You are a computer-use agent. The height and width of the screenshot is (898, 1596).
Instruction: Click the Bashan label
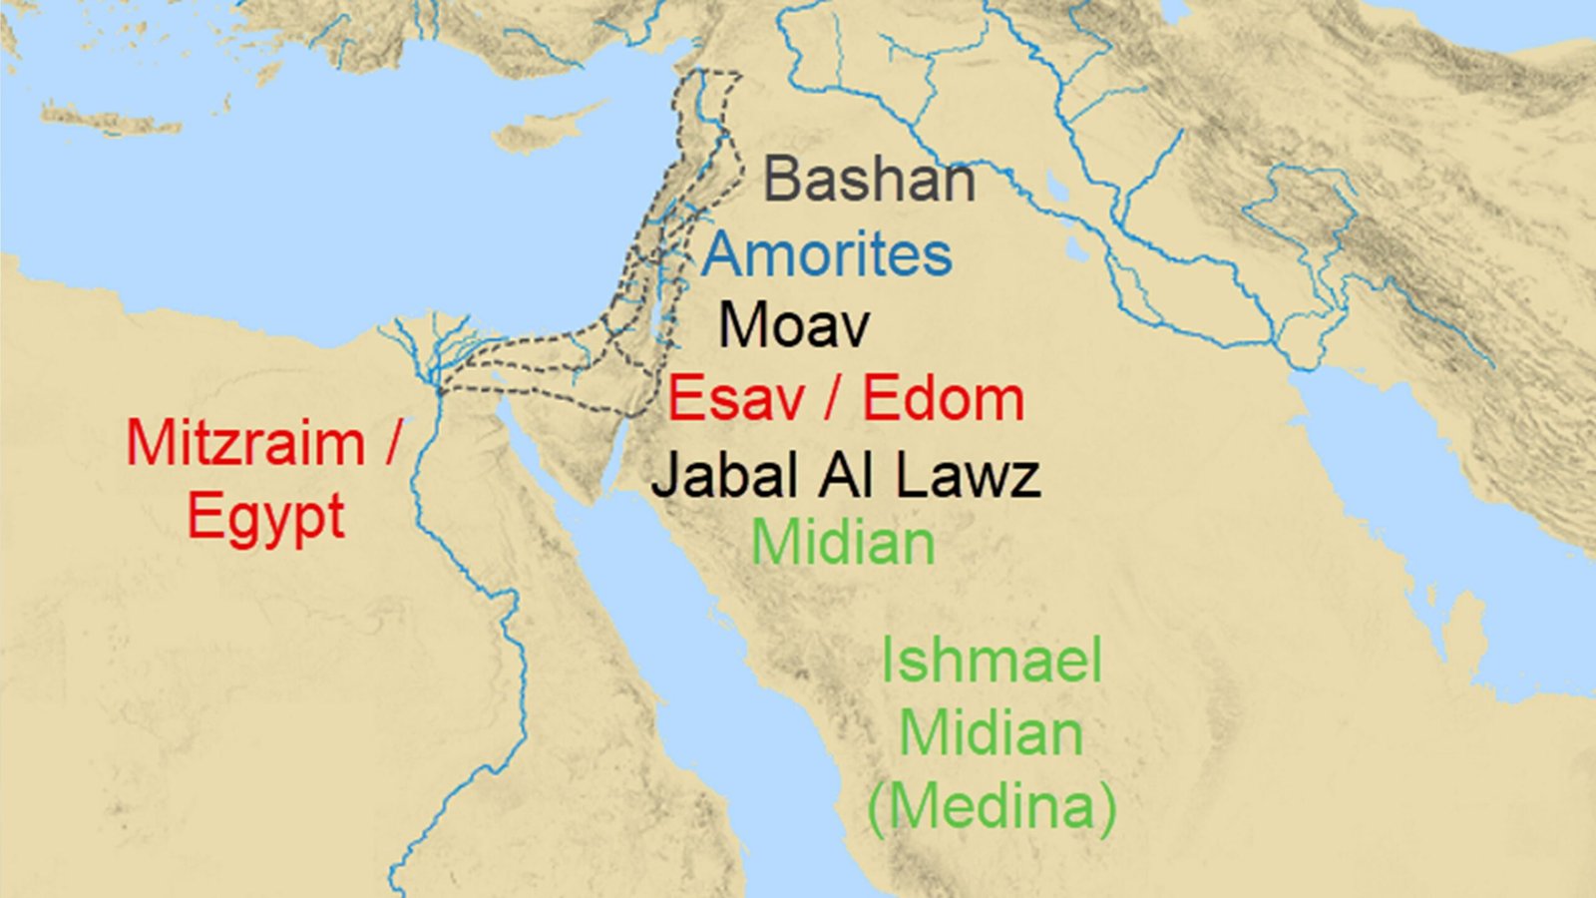pos(869,180)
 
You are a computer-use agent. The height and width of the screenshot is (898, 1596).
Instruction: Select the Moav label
pos(794,325)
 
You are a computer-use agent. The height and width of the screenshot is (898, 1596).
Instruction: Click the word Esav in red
pos(736,399)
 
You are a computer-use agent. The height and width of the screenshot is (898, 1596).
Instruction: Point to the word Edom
pos(943,399)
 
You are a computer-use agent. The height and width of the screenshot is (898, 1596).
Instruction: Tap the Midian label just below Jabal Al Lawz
pos(843,543)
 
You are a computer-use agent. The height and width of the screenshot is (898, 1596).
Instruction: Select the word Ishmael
pos(991,661)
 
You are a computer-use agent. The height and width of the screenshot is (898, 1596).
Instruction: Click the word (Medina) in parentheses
pos(991,805)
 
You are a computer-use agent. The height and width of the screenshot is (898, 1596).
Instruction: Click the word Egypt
pos(265,517)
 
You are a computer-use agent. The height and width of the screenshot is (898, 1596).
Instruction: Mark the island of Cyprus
pos(544,130)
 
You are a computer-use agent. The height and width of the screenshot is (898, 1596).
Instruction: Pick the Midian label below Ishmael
pos(991,733)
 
